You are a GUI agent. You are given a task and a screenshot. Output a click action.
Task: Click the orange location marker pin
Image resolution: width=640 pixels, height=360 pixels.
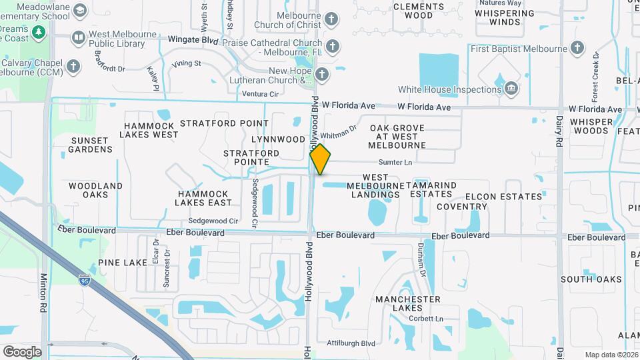320,160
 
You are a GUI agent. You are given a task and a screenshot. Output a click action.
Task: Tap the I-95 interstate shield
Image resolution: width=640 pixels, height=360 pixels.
84,280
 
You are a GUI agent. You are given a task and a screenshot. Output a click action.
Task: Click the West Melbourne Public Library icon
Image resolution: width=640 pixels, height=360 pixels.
78,37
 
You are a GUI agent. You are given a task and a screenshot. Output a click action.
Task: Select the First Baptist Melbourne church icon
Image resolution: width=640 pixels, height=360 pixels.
577,49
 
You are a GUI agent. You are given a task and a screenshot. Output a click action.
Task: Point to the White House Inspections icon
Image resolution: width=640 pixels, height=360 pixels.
511,89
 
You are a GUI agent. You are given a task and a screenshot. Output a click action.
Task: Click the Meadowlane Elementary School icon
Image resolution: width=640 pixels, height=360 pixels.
80,11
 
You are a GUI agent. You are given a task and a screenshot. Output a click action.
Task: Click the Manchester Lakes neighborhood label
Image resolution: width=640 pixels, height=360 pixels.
408,303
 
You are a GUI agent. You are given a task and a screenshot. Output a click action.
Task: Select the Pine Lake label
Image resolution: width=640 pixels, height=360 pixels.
122,263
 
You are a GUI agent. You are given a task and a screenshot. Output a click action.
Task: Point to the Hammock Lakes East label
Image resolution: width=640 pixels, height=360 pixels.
204,197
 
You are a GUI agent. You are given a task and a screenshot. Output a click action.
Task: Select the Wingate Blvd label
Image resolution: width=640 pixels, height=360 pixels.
193,40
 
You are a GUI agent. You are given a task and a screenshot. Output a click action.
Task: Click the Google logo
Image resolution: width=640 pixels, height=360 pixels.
22,351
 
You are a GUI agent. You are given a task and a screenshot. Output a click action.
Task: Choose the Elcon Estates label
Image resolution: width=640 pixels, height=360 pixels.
504,197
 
